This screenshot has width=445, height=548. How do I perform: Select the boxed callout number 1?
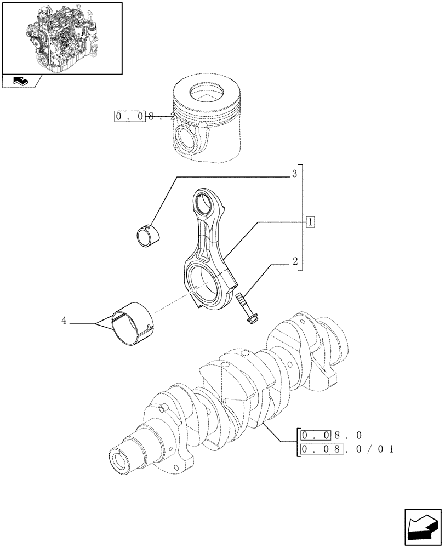click(310, 222)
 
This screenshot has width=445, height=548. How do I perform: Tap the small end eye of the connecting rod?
click(204, 203)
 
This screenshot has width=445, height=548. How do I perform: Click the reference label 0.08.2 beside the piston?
click(145, 116)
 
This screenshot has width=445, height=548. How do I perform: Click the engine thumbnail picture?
click(62, 38)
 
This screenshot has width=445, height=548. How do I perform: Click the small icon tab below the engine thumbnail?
click(21, 82)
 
